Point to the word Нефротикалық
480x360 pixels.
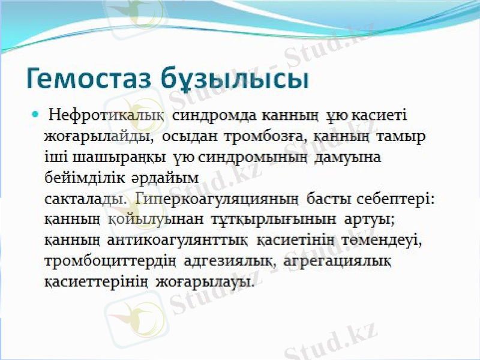pyautogui.click(x=98, y=114)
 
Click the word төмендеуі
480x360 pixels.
pyautogui.click(x=383, y=241)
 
